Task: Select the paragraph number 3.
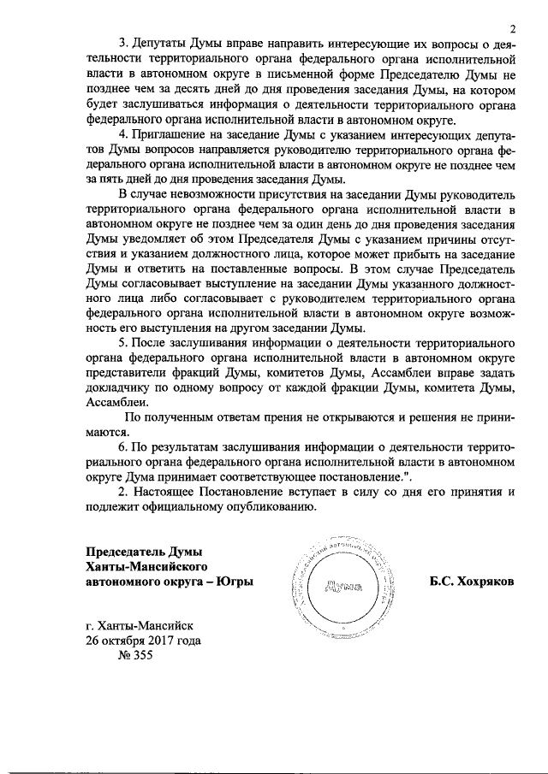click(122, 43)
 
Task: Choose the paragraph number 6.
click(122, 447)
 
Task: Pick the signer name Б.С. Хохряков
click(472, 582)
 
